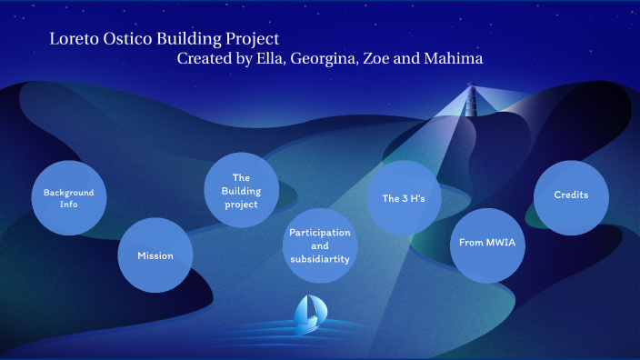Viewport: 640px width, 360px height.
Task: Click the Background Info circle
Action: [x=69, y=198]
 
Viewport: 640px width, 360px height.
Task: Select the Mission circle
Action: [x=155, y=255]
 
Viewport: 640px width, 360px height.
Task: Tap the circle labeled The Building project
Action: [x=241, y=190]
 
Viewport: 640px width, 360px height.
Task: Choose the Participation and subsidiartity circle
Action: [x=320, y=245]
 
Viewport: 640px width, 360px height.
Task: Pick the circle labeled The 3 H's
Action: [x=404, y=198]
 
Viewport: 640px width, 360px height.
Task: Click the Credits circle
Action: [x=571, y=196]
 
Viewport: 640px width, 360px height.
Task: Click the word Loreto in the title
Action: [x=74, y=39]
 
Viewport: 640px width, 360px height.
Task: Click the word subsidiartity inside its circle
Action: [x=320, y=259]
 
